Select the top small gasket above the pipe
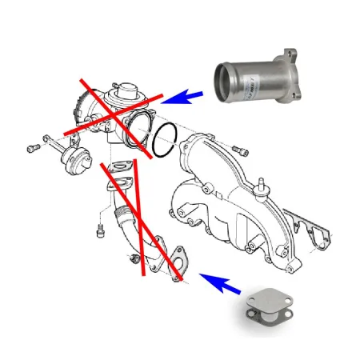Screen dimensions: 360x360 coord(122,168)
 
